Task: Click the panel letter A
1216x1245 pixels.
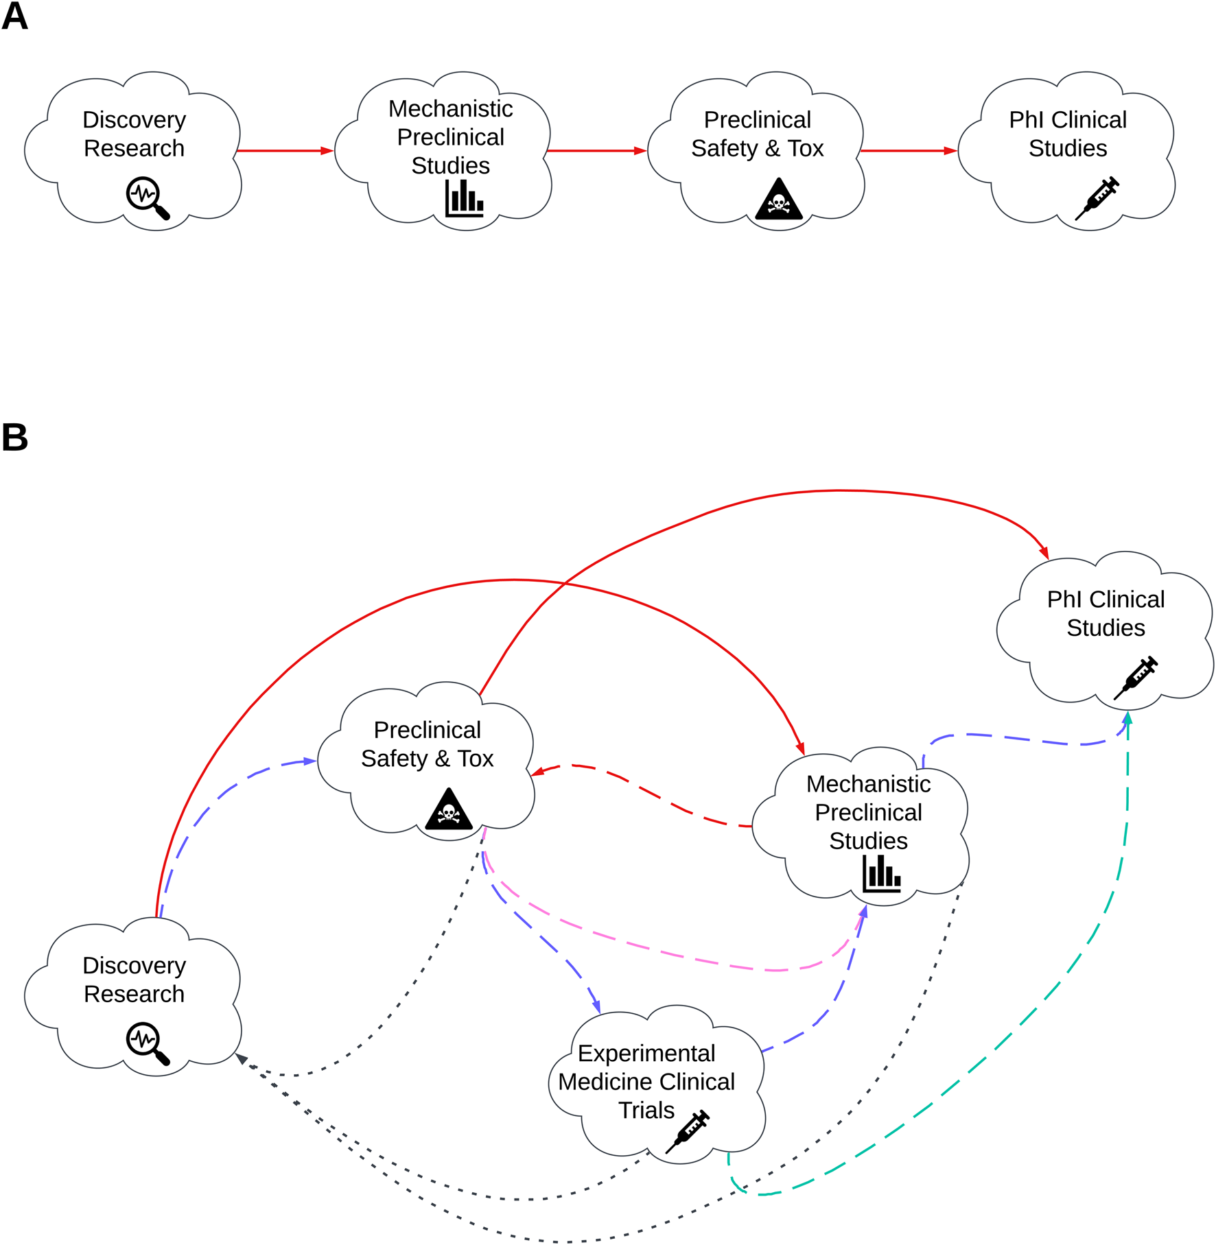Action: (14, 16)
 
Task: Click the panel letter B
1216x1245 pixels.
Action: (14, 438)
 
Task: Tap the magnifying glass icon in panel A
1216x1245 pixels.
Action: (147, 198)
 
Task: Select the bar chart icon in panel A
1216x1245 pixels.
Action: (465, 198)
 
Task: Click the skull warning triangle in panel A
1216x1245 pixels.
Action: (778, 200)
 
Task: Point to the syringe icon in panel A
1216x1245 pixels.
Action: (1097, 198)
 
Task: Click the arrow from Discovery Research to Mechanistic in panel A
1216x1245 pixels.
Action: (284, 151)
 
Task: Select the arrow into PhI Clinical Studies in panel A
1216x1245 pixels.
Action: (907, 151)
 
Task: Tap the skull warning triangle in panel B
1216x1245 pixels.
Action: (448, 810)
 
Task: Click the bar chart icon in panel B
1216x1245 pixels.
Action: (881, 873)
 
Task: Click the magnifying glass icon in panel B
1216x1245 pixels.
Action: (147, 1043)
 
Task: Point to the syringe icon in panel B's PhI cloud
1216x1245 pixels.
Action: (1135, 678)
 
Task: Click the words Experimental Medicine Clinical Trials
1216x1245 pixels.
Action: (646, 1082)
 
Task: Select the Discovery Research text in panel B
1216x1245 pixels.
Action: (134, 980)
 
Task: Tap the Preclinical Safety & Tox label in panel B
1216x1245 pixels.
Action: (427, 744)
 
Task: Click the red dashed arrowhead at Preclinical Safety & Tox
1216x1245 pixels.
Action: (538, 772)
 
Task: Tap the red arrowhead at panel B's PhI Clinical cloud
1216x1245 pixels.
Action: (1044, 553)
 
